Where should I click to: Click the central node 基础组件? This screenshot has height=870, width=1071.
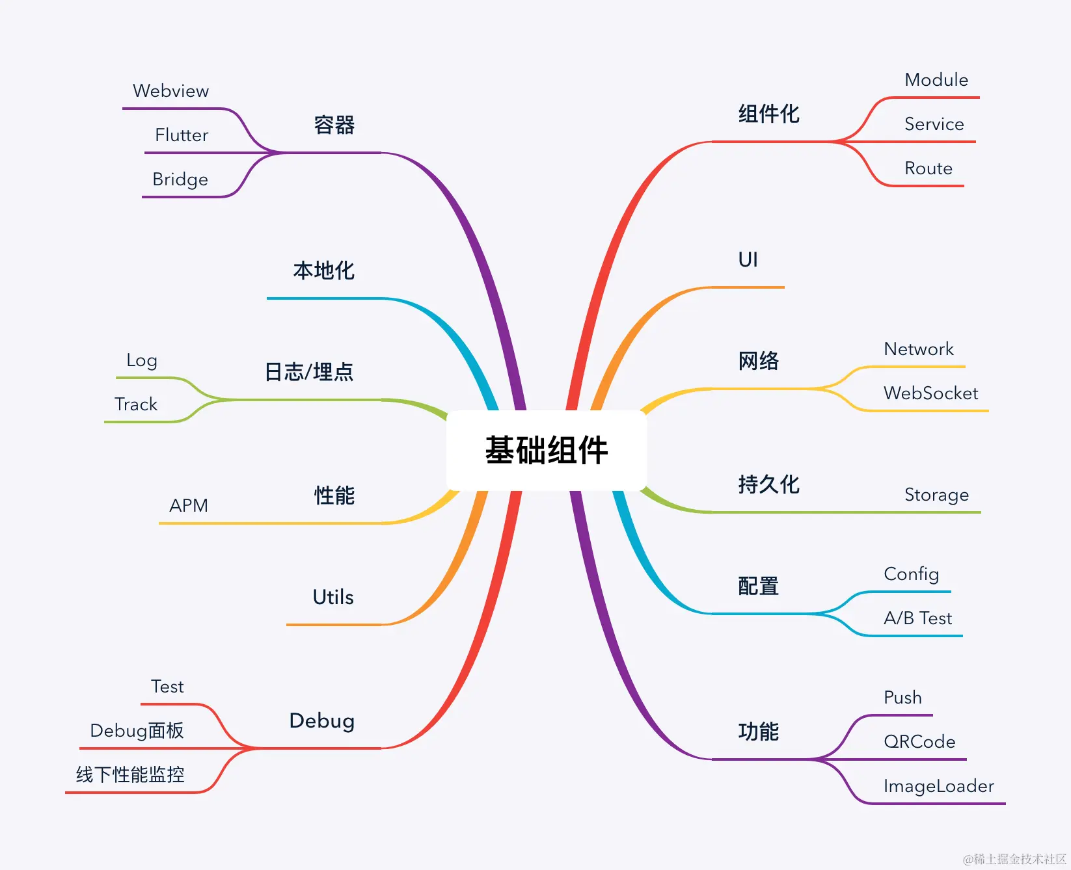coord(546,450)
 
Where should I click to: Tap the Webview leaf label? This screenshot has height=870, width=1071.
coord(170,91)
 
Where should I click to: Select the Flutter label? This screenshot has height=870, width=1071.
coord(182,135)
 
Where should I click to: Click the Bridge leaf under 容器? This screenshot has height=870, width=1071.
coord(180,179)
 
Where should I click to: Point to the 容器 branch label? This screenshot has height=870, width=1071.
coord(334,125)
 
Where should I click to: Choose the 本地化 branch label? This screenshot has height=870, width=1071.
coord(323,270)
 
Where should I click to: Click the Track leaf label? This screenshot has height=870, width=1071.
coord(136,404)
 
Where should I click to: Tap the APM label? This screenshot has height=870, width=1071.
coord(189,506)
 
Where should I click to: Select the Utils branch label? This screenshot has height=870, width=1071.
coord(333,597)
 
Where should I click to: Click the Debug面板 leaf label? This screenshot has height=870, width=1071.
coord(137,731)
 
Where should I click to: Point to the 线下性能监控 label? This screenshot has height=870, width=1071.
coord(130,775)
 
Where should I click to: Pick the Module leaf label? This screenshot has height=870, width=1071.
coord(936,80)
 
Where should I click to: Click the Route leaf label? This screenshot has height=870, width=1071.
coord(929,168)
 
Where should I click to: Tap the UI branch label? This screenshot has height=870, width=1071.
coord(748,260)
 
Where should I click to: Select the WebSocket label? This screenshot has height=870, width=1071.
coord(930,393)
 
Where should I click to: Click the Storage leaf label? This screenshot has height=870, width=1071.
coord(936,495)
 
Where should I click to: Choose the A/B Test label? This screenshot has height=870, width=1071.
coord(917,618)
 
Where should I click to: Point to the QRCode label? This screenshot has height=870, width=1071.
coord(919,742)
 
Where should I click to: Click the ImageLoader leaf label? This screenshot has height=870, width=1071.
coord(938,786)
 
